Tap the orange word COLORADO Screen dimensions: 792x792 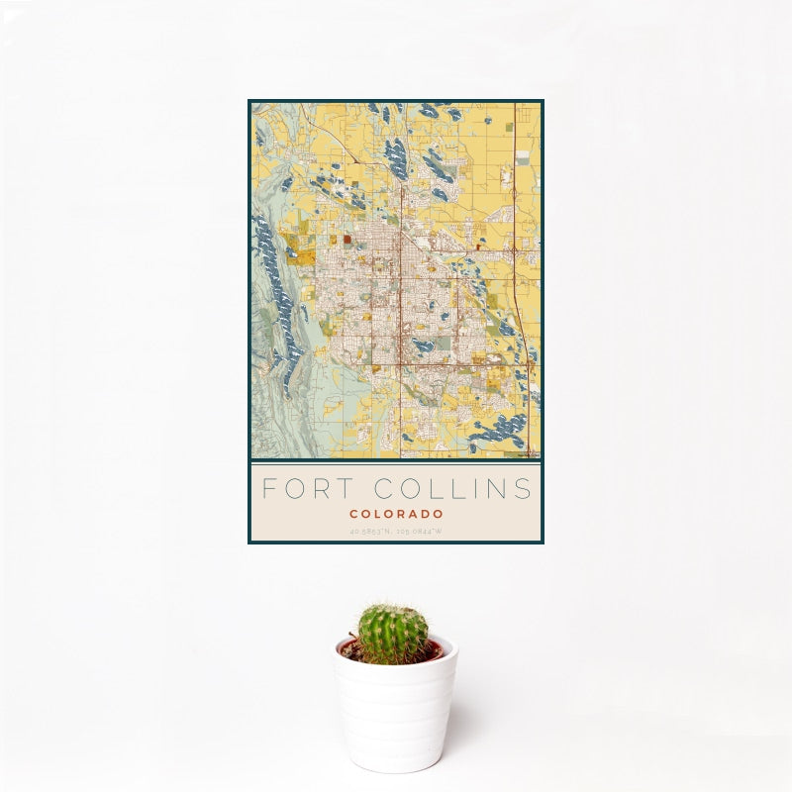click(396, 515)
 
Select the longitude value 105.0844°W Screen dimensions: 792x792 click(421, 533)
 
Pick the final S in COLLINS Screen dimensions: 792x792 click(523, 488)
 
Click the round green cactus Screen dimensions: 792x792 click(393, 634)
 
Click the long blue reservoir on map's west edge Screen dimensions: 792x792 click(277, 287)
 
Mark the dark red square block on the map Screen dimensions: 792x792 click(347, 239)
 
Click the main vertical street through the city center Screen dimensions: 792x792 click(401, 297)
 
